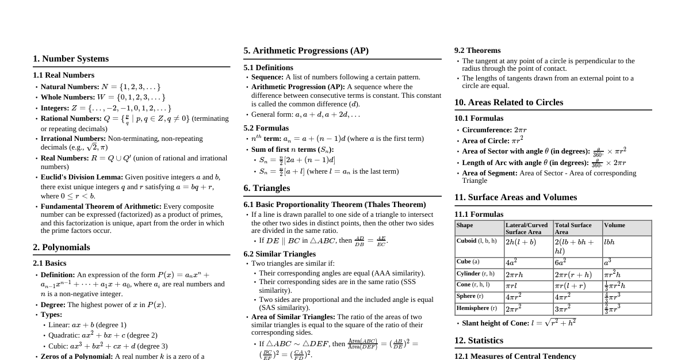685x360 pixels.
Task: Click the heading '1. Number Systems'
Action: point(71,59)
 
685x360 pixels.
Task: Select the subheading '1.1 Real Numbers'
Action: point(64,75)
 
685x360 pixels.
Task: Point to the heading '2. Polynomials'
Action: point(62,247)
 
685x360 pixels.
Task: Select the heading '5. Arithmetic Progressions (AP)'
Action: point(306,51)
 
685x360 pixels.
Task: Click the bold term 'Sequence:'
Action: point(267,77)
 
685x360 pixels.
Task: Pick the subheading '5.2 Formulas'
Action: point(266,128)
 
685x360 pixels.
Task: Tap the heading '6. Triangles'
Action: point(267,188)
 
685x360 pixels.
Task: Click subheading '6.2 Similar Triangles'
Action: point(280,254)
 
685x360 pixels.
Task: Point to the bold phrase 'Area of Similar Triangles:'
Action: point(293,317)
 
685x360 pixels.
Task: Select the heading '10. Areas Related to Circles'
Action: point(508,102)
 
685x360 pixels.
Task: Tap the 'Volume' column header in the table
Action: point(614,225)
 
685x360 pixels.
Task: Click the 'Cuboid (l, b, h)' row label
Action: point(476,241)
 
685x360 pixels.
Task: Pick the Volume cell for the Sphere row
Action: point(613,297)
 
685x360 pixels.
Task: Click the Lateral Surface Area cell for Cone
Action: point(512,286)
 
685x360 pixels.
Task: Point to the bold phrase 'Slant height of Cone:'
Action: point(495,323)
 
